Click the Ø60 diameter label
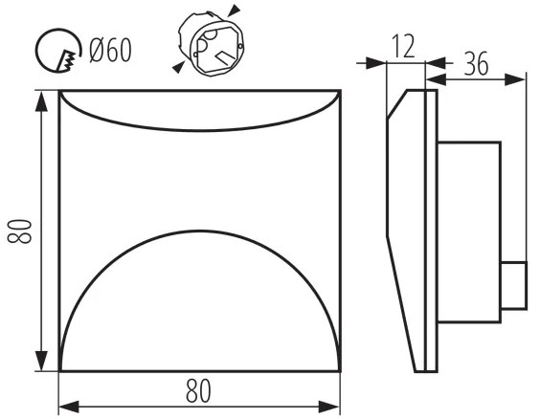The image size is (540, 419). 110,51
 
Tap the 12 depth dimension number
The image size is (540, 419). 403,47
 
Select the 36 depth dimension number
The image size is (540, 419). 476,64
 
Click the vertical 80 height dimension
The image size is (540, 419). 20,232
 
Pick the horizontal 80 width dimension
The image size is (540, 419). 199,391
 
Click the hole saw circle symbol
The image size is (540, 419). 58,51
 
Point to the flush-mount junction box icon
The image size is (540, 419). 211,44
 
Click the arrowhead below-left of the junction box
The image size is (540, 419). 178,67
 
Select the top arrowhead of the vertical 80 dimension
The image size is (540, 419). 41,101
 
